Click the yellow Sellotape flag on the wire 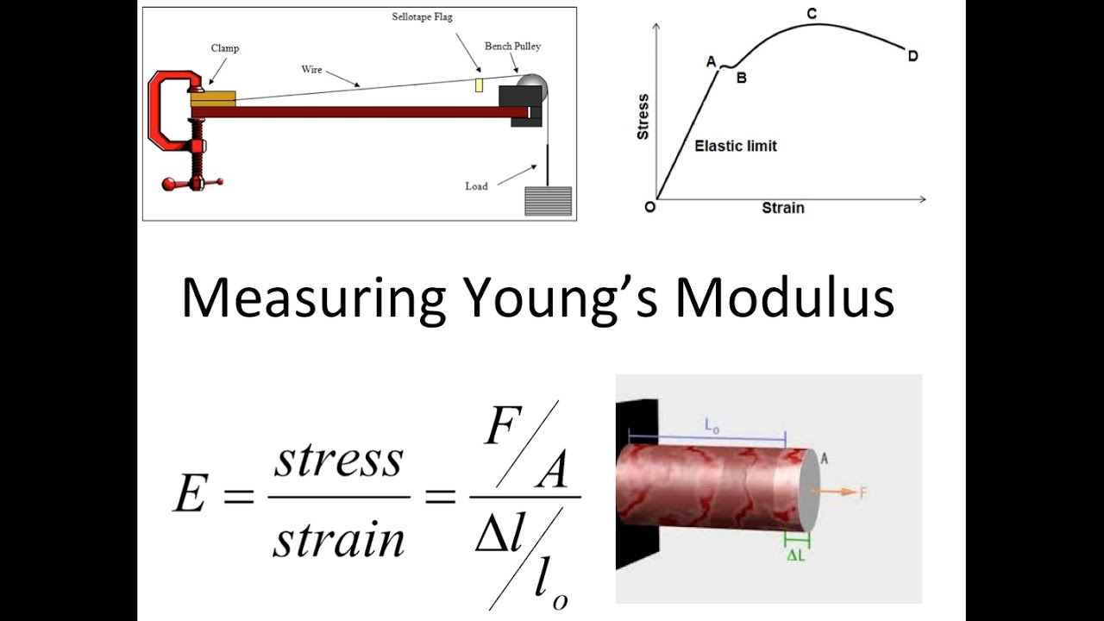pyautogui.click(x=477, y=85)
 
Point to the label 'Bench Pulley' pyautogui.click(x=512, y=46)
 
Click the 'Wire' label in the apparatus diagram pyautogui.click(x=311, y=69)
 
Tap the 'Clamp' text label pyautogui.click(x=225, y=48)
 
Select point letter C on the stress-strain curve pyautogui.click(x=812, y=14)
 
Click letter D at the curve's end pyautogui.click(x=913, y=56)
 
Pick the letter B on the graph pyautogui.click(x=740, y=76)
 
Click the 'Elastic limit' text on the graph pyautogui.click(x=736, y=146)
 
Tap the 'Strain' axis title pyautogui.click(x=782, y=208)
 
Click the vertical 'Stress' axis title pyautogui.click(x=642, y=117)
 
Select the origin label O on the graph pyautogui.click(x=649, y=206)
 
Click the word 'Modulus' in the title pyautogui.click(x=784, y=298)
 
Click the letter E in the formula pyautogui.click(x=192, y=495)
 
